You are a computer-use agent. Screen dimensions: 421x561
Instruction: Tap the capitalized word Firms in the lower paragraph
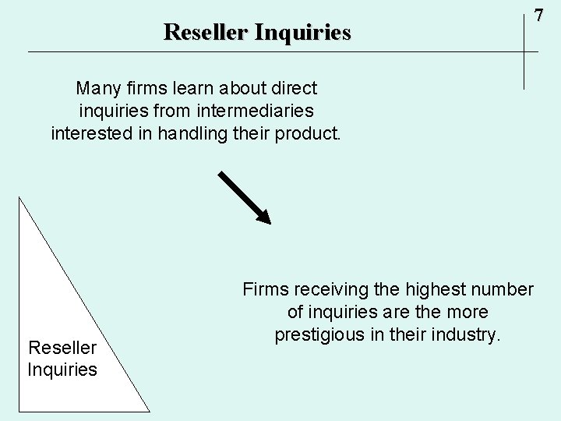point(264,290)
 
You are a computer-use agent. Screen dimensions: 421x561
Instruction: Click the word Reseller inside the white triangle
point(62,347)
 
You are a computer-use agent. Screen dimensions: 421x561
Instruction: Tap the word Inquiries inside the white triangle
point(62,369)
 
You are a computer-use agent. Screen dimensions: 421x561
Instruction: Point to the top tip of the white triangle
point(19,197)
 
